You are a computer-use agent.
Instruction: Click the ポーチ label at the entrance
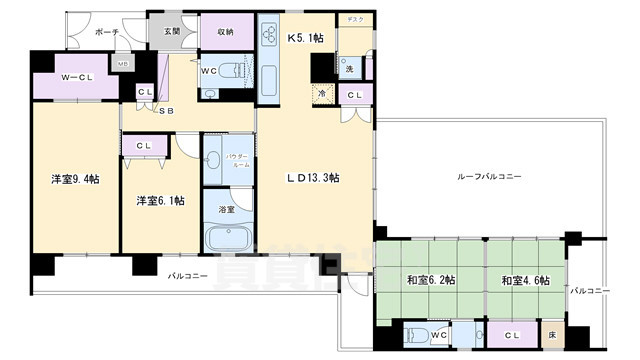pyautogui.click(x=107, y=33)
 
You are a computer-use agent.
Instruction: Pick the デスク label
pyautogui.click(x=354, y=20)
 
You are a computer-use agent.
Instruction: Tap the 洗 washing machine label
pyautogui.click(x=349, y=69)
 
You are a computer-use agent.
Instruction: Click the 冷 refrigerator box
pyautogui.click(x=322, y=94)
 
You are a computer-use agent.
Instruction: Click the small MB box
pyautogui.click(x=122, y=65)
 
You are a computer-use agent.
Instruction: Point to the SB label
pyautogui.click(x=166, y=110)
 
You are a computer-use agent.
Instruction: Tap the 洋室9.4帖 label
pyautogui.click(x=75, y=180)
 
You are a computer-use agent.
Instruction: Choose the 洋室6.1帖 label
pyautogui.click(x=160, y=200)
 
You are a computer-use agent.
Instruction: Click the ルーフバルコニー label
pyautogui.click(x=490, y=176)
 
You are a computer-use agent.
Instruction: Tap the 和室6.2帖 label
pyautogui.click(x=430, y=281)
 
